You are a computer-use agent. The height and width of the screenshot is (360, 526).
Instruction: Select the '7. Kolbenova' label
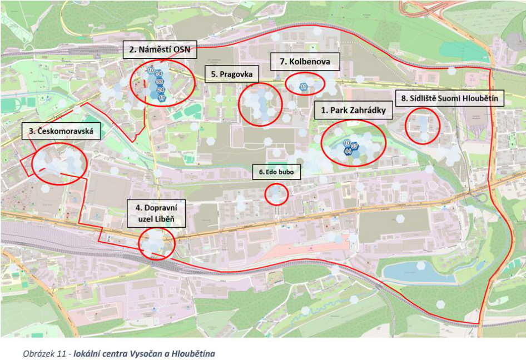pos(304,62)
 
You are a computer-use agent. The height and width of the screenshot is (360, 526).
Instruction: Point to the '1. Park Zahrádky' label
pos(353,111)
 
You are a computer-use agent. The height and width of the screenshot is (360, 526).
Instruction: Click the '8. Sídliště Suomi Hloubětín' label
pos(449,99)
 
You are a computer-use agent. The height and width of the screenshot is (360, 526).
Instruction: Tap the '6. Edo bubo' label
pos(276,172)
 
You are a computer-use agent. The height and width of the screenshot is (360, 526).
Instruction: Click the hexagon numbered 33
pos(160,82)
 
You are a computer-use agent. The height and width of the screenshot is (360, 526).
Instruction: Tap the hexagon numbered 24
pos(161,90)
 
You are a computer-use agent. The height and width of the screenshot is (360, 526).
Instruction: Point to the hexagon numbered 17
pos(162,98)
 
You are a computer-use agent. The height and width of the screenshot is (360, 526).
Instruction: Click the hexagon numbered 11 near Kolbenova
pos(304,87)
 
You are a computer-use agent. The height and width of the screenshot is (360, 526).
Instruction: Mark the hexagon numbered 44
pos(348,151)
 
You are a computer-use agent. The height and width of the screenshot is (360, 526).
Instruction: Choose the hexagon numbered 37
pos(355,146)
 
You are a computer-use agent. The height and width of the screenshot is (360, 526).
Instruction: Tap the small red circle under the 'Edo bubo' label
pos(276,194)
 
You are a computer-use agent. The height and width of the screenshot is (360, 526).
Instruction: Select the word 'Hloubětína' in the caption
pos(194,353)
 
